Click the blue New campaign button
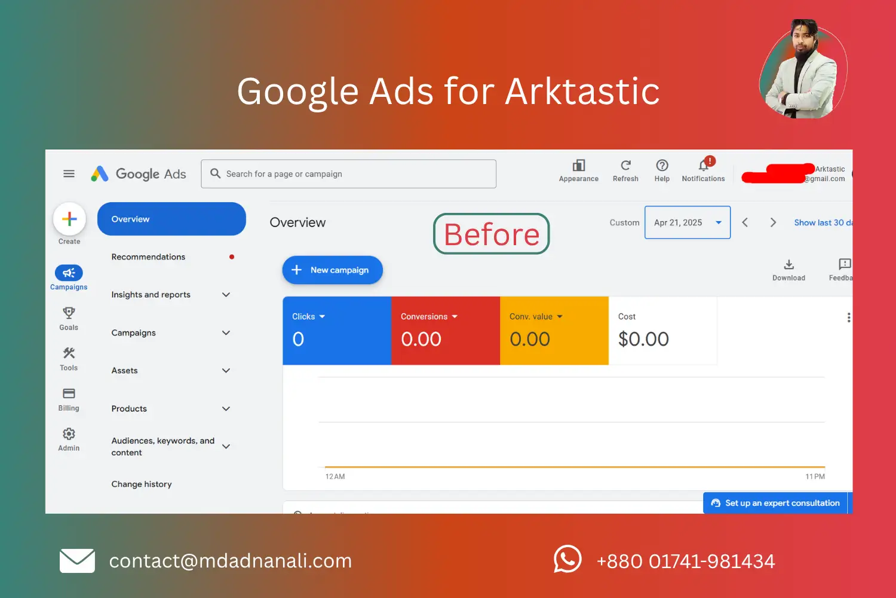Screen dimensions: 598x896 pos(332,270)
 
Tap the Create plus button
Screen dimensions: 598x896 pos(69,219)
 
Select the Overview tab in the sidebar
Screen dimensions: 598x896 pos(171,219)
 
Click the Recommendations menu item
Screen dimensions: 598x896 pos(148,257)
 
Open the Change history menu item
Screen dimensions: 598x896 pos(142,484)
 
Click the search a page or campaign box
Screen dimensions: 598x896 pos(349,174)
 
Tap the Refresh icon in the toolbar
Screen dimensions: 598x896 pos(625,166)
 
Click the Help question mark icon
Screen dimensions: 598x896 pos(662,166)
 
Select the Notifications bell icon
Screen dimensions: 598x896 pos(704,166)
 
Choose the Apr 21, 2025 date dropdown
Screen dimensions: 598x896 pos(687,222)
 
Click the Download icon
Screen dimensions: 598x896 pos(788,264)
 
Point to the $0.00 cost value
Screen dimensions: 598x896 pos(643,339)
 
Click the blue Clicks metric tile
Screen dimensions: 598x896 pos(337,331)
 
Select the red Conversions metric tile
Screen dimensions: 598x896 pos(446,331)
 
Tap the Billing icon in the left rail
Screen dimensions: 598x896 pos(69,393)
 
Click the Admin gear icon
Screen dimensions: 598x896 pos(69,434)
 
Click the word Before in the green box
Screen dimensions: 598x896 pos(492,234)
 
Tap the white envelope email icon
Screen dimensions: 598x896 pos(77,561)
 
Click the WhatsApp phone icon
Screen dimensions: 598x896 pos(567,560)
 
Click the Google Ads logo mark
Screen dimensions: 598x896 pos(100,174)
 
